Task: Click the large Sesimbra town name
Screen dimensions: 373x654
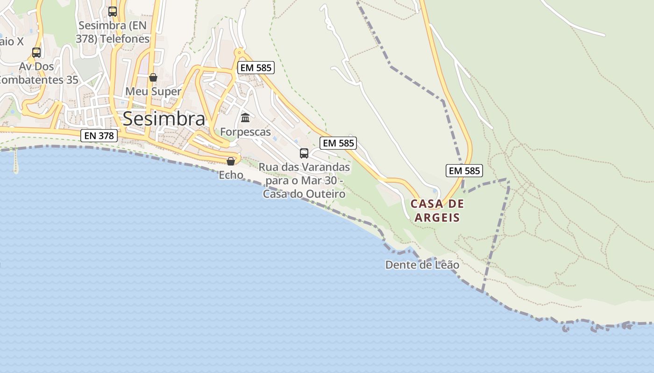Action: tap(163, 119)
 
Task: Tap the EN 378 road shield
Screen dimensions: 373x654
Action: tap(99, 136)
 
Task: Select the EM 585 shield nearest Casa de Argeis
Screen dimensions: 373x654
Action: tap(464, 171)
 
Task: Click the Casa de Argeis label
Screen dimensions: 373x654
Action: tap(437, 210)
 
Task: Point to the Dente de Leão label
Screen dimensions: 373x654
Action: tap(422, 265)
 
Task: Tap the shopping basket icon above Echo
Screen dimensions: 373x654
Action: tap(231, 161)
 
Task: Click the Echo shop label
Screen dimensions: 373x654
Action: tap(231, 175)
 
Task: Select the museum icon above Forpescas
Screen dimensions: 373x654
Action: tap(245, 117)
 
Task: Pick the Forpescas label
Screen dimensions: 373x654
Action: tap(245, 132)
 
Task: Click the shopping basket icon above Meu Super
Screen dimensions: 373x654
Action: tap(153, 77)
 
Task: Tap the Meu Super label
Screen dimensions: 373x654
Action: tap(153, 91)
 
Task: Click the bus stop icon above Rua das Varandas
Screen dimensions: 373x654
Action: tap(304, 153)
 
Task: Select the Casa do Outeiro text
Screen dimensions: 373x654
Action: tap(304, 194)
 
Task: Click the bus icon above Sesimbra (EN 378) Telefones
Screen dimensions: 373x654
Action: tap(113, 12)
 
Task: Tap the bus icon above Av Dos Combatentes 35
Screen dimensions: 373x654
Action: tap(36, 53)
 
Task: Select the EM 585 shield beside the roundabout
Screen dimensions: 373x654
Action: tap(255, 68)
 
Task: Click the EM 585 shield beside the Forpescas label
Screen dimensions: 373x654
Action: tap(338, 143)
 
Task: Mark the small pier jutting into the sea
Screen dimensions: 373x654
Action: tap(16, 161)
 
